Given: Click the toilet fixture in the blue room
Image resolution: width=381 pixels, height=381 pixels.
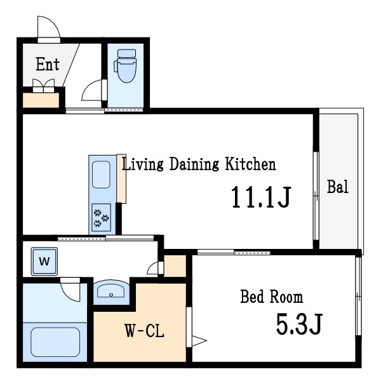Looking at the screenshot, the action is pyautogui.click(x=125, y=65).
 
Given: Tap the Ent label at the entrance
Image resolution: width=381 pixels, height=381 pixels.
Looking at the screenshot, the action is pyautogui.click(x=48, y=64).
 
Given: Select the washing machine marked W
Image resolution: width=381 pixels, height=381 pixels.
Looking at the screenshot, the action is pyautogui.click(x=44, y=262).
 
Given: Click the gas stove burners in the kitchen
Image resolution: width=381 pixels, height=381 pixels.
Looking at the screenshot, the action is pyautogui.click(x=102, y=217).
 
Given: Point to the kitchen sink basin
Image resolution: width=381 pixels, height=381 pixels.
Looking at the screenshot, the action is pyautogui.click(x=101, y=175).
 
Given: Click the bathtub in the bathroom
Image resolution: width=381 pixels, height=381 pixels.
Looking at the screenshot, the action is pyautogui.click(x=55, y=342).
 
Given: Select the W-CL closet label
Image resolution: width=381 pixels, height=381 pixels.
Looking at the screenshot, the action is pyautogui.click(x=145, y=331).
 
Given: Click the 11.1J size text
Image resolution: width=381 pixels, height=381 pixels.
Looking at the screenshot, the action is pyautogui.click(x=261, y=197).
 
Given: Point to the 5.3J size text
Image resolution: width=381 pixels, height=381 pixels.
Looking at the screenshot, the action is pyautogui.click(x=299, y=324).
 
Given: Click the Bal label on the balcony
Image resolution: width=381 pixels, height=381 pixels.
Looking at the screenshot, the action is pyautogui.click(x=338, y=187).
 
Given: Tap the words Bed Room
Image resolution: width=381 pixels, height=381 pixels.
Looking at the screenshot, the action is pyautogui.click(x=272, y=297).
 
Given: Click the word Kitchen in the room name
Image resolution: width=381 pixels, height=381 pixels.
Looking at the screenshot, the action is pyautogui.click(x=250, y=164).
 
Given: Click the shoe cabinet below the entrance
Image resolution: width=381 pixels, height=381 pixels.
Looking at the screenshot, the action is pyautogui.click(x=41, y=100).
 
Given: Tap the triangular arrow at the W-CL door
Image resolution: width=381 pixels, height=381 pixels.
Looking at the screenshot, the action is pyautogui.click(x=199, y=340).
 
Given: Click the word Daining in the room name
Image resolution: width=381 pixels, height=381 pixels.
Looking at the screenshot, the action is pyautogui.click(x=194, y=164).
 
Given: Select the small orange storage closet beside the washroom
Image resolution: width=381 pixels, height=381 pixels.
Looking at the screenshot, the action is pyautogui.click(x=175, y=266).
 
